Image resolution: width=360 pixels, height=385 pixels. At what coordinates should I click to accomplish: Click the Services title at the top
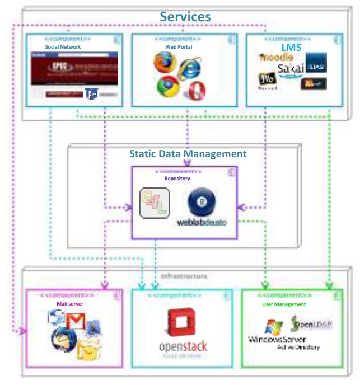[x=185, y=16]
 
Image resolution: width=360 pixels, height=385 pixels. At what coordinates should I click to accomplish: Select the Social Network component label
[x=63, y=48]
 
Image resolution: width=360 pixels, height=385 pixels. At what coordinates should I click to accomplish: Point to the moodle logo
[x=276, y=58]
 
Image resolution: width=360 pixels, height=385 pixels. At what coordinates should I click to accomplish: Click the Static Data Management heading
[x=188, y=153]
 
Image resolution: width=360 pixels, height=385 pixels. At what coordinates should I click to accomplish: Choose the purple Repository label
[x=177, y=179]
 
